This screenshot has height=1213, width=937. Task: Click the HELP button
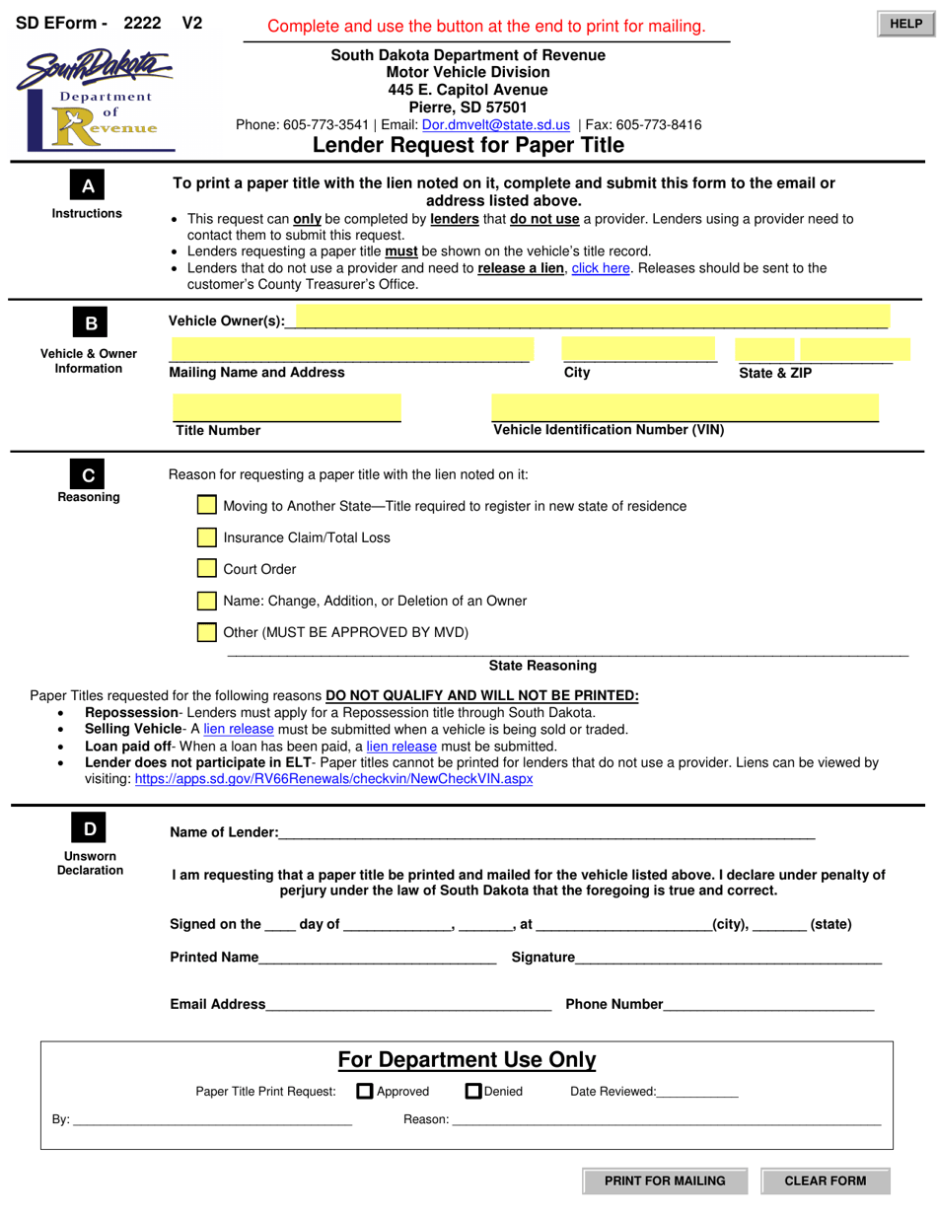click(904, 24)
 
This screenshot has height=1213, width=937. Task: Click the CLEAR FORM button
click(825, 1180)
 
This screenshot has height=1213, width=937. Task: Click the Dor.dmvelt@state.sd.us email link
click(495, 125)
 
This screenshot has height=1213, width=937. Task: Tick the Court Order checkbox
click(206, 569)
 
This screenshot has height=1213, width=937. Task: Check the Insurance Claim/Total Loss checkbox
click(206, 537)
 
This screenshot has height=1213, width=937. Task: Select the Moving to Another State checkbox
click(206, 505)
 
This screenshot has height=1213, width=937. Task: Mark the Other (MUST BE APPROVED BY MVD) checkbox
click(206, 632)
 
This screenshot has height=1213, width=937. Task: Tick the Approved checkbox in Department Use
click(364, 1091)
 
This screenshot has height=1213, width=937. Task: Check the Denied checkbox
click(472, 1091)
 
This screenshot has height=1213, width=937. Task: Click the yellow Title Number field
click(286, 407)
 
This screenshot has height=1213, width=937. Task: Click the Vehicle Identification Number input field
click(685, 407)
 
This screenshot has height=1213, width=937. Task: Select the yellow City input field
click(639, 349)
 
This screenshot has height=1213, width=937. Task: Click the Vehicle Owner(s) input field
click(592, 319)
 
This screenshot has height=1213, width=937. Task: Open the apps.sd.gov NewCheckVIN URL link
click(333, 778)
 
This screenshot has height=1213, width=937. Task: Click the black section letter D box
click(90, 829)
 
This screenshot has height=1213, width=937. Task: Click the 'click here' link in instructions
click(600, 267)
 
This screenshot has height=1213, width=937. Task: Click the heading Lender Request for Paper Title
click(468, 146)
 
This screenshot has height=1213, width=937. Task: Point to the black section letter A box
click(88, 186)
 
